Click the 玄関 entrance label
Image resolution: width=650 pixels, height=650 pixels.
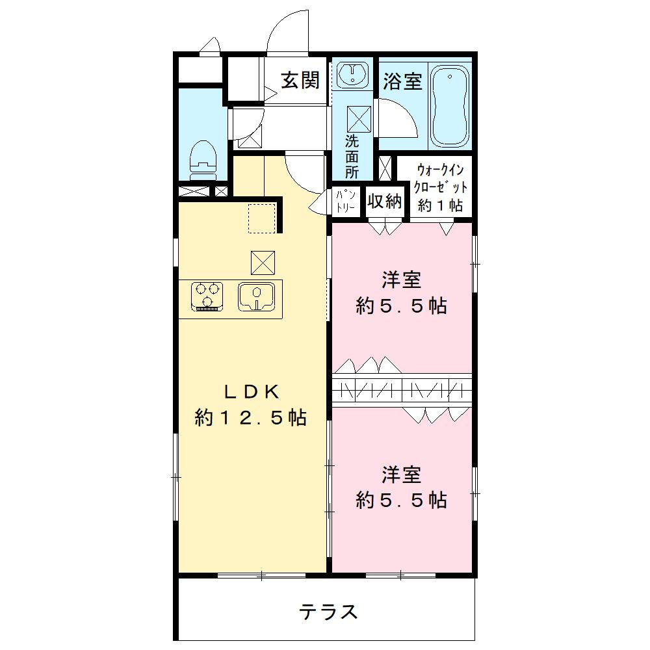pos(300,80)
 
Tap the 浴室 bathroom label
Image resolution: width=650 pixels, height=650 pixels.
pos(402,81)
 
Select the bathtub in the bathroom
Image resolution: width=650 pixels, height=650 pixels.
pos(450,105)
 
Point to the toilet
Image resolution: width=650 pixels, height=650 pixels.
pos(203,160)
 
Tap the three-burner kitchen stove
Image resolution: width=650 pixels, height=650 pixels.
pos(207,296)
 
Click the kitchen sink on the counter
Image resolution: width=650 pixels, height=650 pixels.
pos(257,296)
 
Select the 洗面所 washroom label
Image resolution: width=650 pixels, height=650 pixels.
pos(352,156)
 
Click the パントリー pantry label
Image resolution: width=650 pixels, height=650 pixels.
pos(345,201)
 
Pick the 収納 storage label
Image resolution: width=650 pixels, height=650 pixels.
pos(384,201)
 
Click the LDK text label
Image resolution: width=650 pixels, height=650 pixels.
pos(252,392)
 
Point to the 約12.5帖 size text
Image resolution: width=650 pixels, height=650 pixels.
pos(250,417)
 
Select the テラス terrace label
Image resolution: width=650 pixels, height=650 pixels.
pos(328,612)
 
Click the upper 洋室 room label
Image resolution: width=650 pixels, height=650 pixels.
pos(402,280)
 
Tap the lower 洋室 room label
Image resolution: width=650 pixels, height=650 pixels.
pos(402,475)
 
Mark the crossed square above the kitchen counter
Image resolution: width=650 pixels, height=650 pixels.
pos(263,263)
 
